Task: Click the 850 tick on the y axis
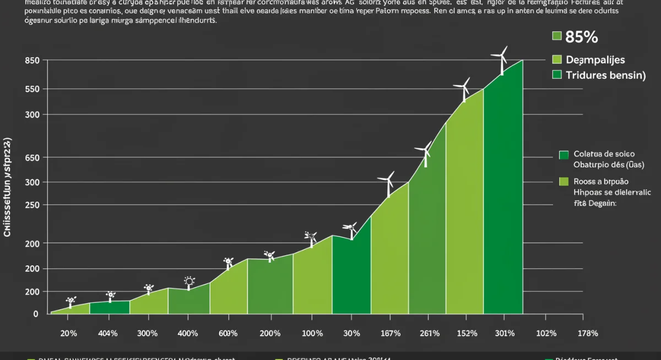(32, 61)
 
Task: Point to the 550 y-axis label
(32, 89)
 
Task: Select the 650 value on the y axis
(32, 158)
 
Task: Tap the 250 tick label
(32, 205)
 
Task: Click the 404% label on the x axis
(107, 333)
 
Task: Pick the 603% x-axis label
(227, 333)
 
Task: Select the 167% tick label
(390, 333)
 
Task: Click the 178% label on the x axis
(587, 333)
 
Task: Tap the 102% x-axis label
(546, 333)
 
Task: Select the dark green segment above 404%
(109, 308)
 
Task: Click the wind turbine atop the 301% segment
(500, 61)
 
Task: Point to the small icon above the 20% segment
(71, 301)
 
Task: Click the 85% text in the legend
(581, 37)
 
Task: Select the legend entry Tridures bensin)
(605, 75)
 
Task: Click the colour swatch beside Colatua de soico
(563, 155)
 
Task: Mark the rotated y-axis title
(8, 188)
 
